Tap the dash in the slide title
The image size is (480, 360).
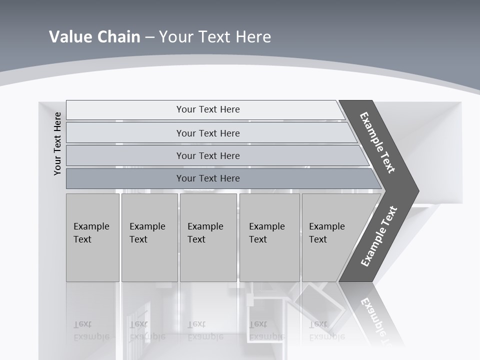point(149,37)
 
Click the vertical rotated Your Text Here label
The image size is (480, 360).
point(57,143)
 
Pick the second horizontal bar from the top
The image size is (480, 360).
point(208,133)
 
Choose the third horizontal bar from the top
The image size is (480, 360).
point(208,155)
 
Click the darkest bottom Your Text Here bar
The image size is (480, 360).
point(208,178)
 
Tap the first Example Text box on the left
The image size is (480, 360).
point(92,237)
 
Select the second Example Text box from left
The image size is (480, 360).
point(149,237)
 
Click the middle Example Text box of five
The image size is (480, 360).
point(208,237)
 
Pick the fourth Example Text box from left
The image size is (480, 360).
point(269,237)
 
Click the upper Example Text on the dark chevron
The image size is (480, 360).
point(377,142)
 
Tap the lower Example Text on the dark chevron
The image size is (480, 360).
point(378,236)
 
